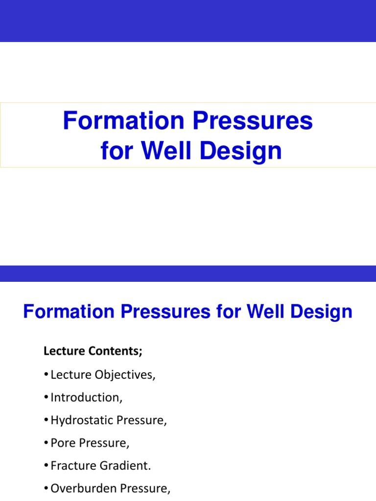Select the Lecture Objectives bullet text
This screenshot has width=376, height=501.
(x=103, y=375)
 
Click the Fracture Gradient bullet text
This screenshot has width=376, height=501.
(x=101, y=466)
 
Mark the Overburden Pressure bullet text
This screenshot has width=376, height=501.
(x=110, y=489)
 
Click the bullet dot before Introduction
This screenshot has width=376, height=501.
(x=47, y=398)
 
